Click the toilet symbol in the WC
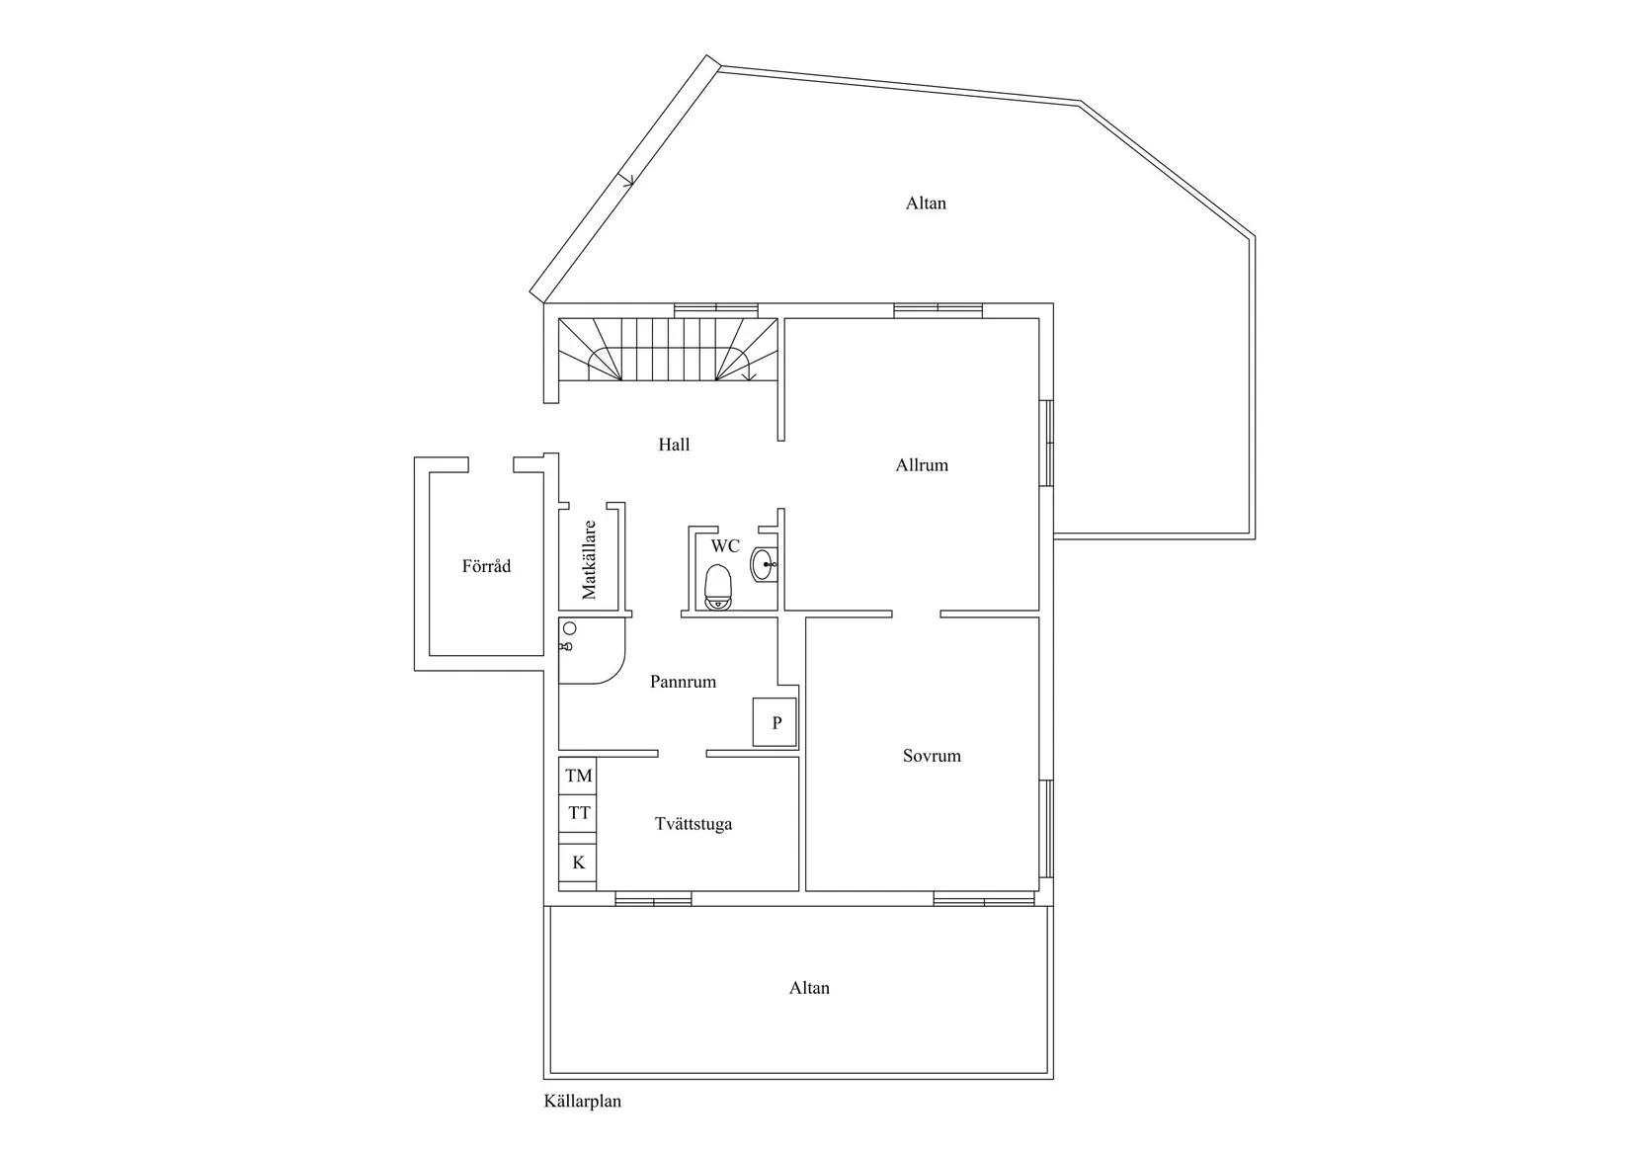pyautogui.click(x=718, y=587)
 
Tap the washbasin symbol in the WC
pyautogui.click(x=764, y=565)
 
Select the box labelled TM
pyautogui.click(x=579, y=777)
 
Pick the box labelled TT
pyautogui.click(x=579, y=813)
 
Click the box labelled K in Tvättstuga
pyautogui.click(x=579, y=863)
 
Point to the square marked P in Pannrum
pyautogui.click(x=776, y=722)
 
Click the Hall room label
pyautogui.click(x=674, y=445)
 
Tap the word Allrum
pyautogui.click(x=922, y=465)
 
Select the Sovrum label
pyautogui.click(x=932, y=756)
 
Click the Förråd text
pyautogui.click(x=486, y=567)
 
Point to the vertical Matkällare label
pyautogui.click(x=590, y=559)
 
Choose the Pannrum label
pyautogui.click(x=683, y=682)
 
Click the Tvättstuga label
pyautogui.click(x=693, y=824)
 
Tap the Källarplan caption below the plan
pyautogui.click(x=583, y=1102)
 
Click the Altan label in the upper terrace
pyautogui.click(x=926, y=204)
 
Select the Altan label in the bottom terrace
pyautogui.click(x=809, y=988)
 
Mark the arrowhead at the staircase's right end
pyautogui.click(x=749, y=375)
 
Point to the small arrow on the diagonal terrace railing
pyautogui.click(x=627, y=180)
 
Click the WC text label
pyautogui.click(x=725, y=546)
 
